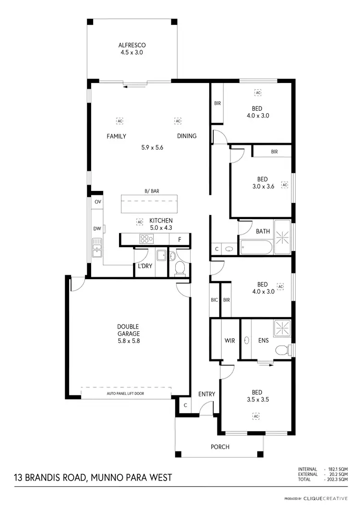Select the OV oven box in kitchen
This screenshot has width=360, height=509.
pos(97,202)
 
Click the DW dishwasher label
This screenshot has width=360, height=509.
pos(97,229)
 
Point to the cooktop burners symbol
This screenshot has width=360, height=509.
pos(145,238)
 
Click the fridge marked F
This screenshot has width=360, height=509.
pos(180,239)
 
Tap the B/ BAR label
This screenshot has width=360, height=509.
pos(152,191)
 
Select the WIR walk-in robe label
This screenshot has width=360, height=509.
pos(229,340)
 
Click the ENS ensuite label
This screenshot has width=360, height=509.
pos(263,340)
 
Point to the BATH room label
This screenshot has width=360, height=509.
pos(263,231)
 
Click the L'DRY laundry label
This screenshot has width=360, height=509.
pos(145,266)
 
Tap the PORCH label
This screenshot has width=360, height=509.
pos(220,447)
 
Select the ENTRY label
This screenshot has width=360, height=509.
pos(206,394)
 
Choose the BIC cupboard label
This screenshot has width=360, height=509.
pos(214,300)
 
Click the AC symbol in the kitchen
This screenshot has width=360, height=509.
pos(140,222)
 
